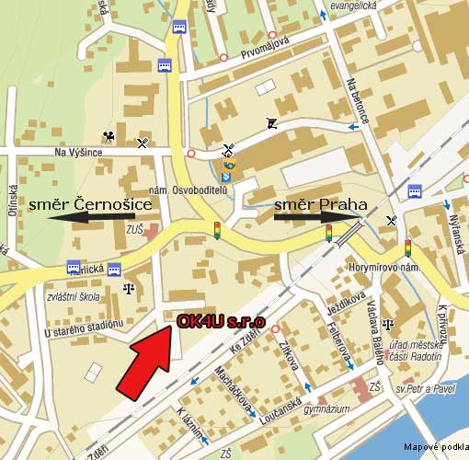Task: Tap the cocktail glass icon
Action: (x=271, y=123)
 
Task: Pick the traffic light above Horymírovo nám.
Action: (x=407, y=247)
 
